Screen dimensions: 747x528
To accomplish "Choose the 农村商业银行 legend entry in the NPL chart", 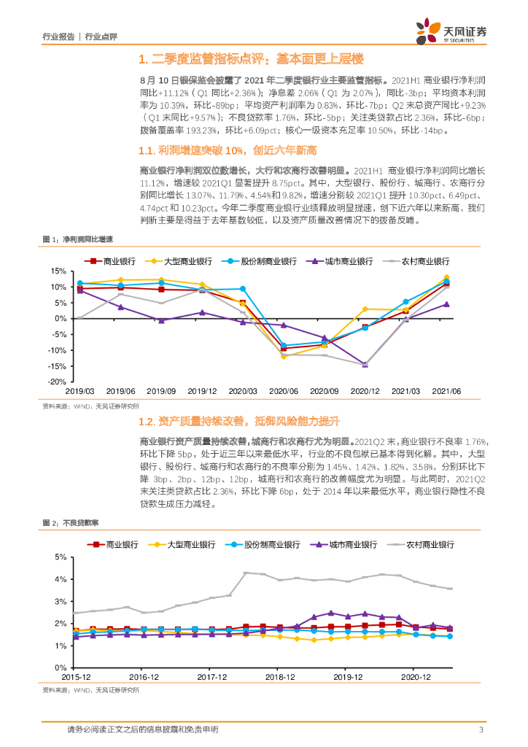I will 430,544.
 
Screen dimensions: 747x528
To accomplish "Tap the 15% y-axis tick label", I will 58,271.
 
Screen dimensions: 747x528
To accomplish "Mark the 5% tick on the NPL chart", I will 61,557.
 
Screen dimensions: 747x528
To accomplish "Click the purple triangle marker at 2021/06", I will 446,304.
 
